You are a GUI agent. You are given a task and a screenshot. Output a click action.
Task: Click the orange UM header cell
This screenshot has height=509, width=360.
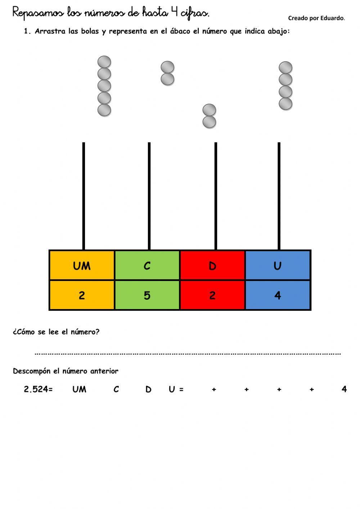pos(82,265)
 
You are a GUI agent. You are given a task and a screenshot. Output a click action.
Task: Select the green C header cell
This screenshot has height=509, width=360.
pos(147,265)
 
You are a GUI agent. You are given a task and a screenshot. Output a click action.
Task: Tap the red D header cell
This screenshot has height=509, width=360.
pos(212,265)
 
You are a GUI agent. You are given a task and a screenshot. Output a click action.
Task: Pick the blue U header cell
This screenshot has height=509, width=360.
pos(278,265)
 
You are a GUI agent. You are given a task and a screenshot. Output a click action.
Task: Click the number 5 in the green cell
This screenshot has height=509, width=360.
pos(147,295)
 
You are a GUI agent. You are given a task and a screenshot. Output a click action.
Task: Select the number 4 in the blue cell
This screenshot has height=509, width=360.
pos(278,295)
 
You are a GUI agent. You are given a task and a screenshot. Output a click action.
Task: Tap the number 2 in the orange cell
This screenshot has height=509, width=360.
pos(82,295)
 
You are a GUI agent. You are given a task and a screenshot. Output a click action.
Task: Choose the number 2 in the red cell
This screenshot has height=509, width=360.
pos(212,295)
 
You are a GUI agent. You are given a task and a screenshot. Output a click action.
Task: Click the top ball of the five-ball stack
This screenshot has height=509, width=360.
pos(104,62)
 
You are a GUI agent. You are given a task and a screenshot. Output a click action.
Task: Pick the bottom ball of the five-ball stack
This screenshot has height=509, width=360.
pos(104,110)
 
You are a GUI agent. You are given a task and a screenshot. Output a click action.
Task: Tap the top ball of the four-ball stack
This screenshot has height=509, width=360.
pos(285,68)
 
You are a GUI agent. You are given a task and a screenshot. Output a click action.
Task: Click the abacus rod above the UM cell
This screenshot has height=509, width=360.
pos(84,195)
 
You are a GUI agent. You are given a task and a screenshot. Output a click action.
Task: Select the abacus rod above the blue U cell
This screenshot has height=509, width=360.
pos(279,195)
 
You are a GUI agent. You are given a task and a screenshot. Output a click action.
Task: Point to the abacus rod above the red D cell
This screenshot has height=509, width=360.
pos(216,195)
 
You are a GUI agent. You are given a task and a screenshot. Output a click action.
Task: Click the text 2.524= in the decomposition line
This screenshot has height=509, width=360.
pos(38,389)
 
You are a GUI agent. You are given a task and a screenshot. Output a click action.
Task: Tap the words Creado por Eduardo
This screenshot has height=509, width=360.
pos(316,18)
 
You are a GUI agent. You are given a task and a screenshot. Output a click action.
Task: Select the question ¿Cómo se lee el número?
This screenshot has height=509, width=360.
pos(56,332)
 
